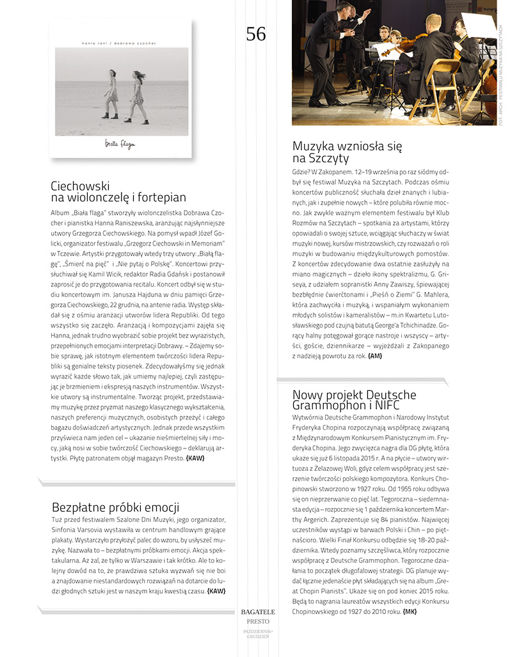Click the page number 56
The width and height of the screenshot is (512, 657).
click(255, 34)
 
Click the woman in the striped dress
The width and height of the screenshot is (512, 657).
click(137, 96)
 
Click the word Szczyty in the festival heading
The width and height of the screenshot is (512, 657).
click(330, 158)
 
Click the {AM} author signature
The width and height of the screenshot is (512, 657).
click(374, 355)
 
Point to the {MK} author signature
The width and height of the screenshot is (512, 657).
click(410, 612)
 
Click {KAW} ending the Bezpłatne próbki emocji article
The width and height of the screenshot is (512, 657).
click(216, 590)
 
